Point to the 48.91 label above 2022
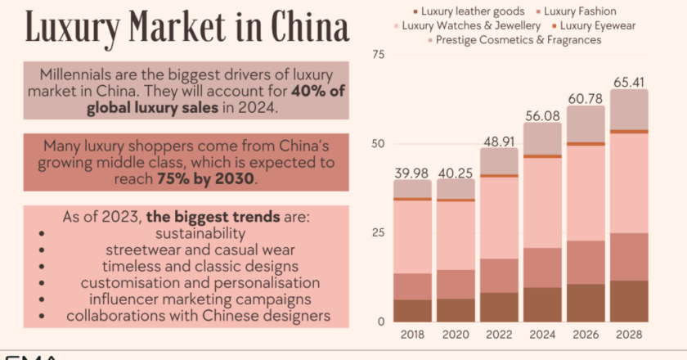499,140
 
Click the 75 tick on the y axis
378,55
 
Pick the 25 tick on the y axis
378,232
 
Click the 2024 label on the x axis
542,335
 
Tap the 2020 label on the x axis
456,335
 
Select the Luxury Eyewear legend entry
595,25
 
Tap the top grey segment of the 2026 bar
586,124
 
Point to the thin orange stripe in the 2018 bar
412,199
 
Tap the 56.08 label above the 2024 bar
542,115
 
